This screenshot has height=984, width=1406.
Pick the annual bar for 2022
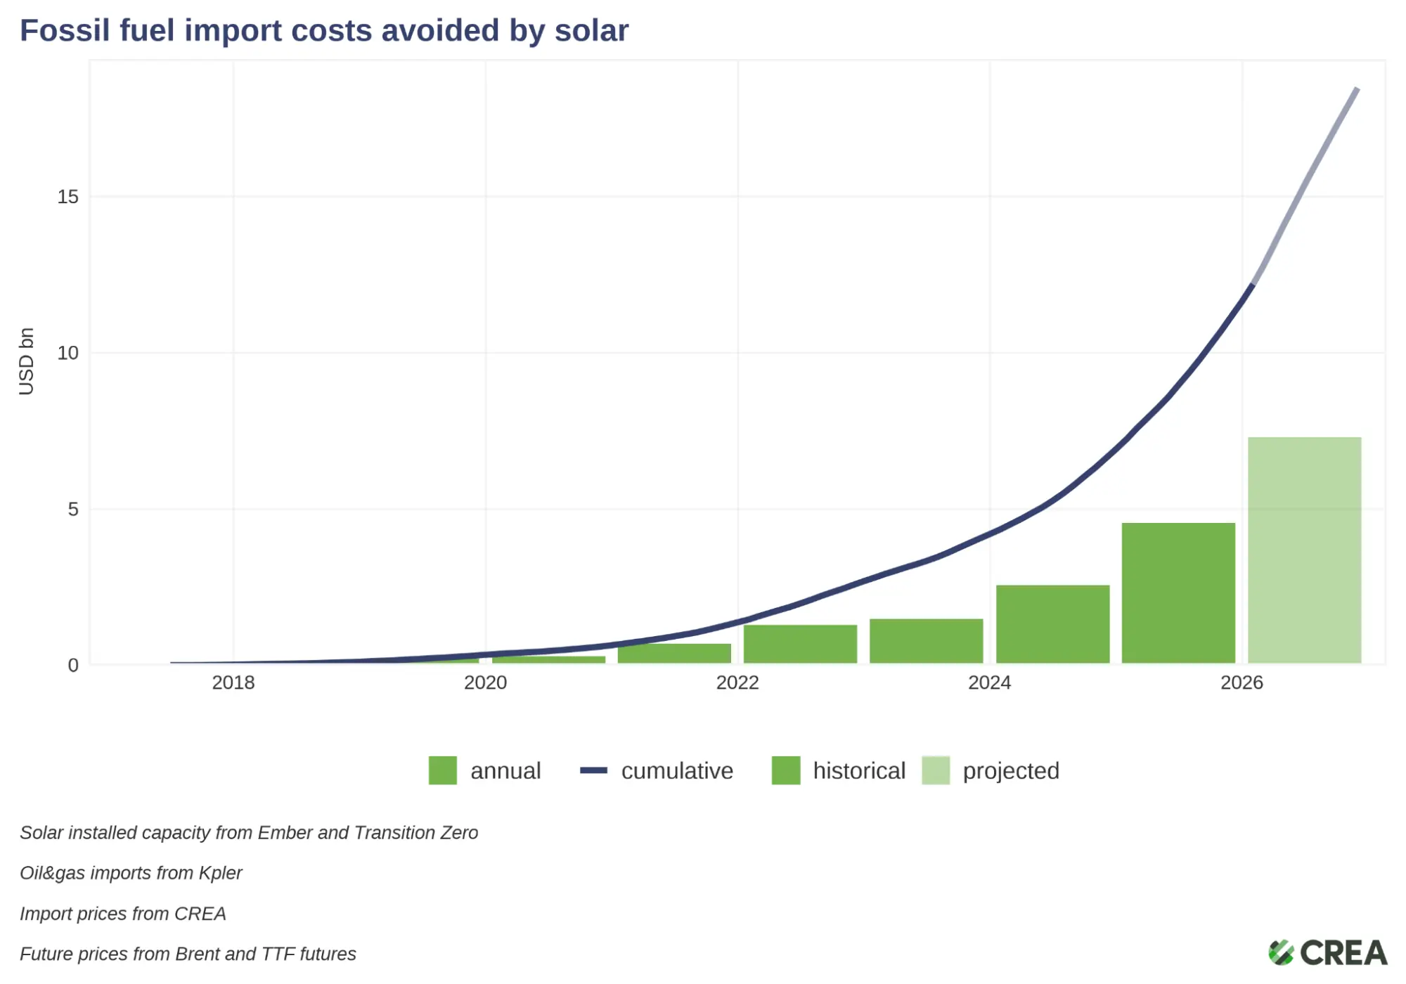[800, 643]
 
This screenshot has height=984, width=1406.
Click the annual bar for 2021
[674, 653]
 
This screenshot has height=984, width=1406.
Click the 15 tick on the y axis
[68, 197]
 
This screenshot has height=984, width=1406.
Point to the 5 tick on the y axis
[73, 509]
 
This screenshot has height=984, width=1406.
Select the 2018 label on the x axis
[233, 682]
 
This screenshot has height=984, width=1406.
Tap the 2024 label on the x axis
[989, 682]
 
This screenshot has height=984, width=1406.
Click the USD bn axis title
[26, 361]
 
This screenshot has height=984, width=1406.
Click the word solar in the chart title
[591, 31]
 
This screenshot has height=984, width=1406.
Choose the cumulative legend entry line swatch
[593, 770]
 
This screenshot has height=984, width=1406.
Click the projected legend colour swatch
[936, 770]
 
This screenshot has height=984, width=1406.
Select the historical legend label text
[859, 771]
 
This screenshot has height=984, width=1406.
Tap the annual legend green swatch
[443, 770]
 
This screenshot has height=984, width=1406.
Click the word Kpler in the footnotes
[220, 873]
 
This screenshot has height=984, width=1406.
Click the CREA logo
[1327, 953]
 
